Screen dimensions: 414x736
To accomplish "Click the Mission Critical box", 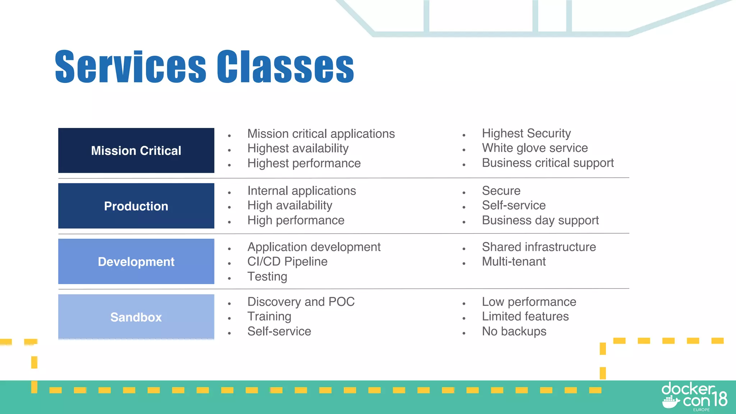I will pyautogui.click(x=136, y=151).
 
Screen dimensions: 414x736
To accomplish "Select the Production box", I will pyautogui.click(x=136, y=206).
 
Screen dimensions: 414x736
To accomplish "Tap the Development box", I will pyautogui.click(x=136, y=262).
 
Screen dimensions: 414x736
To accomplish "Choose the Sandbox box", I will pyautogui.click(x=136, y=317).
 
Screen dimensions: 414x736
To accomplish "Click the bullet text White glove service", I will pyautogui.click(x=535, y=148).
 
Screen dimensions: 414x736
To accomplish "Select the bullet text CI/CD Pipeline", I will pyautogui.click(x=287, y=262).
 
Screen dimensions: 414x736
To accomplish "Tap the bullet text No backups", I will pyautogui.click(x=514, y=331).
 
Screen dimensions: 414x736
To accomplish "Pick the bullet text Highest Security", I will pyautogui.click(x=526, y=133).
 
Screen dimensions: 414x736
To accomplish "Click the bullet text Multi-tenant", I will pyautogui.click(x=514, y=262).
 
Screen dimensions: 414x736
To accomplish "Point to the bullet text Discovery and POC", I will pyautogui.click(x=301, y=302).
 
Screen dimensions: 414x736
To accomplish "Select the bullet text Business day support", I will pyautogui.click(x=540, y=220).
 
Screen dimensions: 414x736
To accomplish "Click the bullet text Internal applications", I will pyautogui.click(x=302, y=191).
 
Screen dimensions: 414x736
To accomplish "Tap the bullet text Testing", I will pyautogui.click(x=267, y=277).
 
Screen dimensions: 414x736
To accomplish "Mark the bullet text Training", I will pyautogui.click(x=269, y=317).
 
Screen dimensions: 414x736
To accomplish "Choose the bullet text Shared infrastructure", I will pyautogui.click(x=539, y=247).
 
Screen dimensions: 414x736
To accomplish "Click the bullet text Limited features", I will pyautogui.click(x=525, y=317).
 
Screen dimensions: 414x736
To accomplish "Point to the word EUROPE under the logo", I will pyautogui.click(x=701, y=410).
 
